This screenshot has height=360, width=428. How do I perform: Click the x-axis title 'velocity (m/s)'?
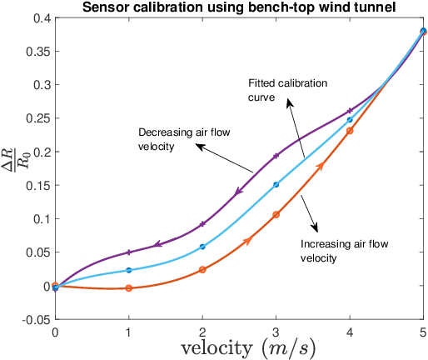point(239,347)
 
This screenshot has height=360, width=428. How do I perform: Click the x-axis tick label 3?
point(276,331)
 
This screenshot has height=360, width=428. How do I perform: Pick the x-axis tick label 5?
point(423,331)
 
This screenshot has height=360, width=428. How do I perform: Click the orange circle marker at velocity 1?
point(128,288)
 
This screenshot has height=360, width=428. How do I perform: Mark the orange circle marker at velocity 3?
point(276,215)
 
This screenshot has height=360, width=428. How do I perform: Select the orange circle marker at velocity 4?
point(350,131)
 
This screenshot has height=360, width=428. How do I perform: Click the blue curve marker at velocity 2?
point(202,247)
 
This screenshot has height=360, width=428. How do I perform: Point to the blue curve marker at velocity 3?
point(276,185)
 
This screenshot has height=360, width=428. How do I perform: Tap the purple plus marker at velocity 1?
point(128,252)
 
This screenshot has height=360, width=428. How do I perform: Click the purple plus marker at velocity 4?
point(350,111)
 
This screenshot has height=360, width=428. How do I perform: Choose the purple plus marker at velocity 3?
point(276,156)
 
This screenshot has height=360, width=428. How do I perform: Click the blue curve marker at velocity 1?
point(128,270)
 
